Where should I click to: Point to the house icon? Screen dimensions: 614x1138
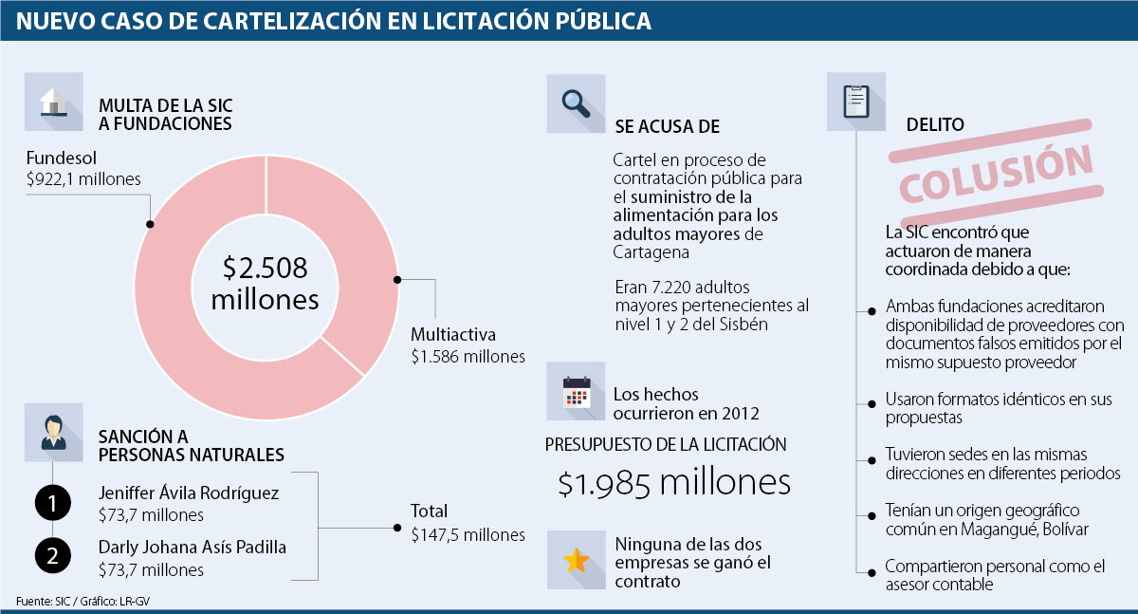click(54, 102)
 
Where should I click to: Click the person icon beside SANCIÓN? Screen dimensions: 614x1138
click(54, 432)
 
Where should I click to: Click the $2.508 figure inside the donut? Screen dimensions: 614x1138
click(266, 269)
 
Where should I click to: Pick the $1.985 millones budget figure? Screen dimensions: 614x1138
click(673, 483)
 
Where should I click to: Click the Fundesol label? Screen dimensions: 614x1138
click(62, 158)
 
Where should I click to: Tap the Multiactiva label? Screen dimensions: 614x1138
click(453, 334)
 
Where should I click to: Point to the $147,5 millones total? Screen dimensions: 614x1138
click(468, 535)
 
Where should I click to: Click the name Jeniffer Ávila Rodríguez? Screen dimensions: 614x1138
click(189, 493)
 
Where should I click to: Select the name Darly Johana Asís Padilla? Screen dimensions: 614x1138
click(193, 548)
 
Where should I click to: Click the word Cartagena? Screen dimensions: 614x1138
click(653, 253)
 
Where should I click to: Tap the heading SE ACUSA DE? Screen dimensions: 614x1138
click(667, 127)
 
